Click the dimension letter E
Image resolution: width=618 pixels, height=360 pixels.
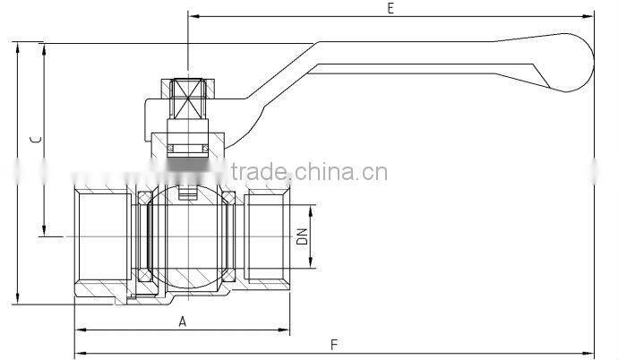pyautogui.click(x=391, y=8)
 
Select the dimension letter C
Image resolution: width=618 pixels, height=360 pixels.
pyautogui.click(x=35, y=141)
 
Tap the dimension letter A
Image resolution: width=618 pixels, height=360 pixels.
pyautogui.click(x=182, y=321)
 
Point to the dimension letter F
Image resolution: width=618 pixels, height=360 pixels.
pyautogui.click(x=334, y=344)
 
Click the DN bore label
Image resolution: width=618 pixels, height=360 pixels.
pyautogui.click(x=303, y=236)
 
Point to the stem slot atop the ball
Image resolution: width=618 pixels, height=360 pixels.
pyautogui.click(x=187, y=190)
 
